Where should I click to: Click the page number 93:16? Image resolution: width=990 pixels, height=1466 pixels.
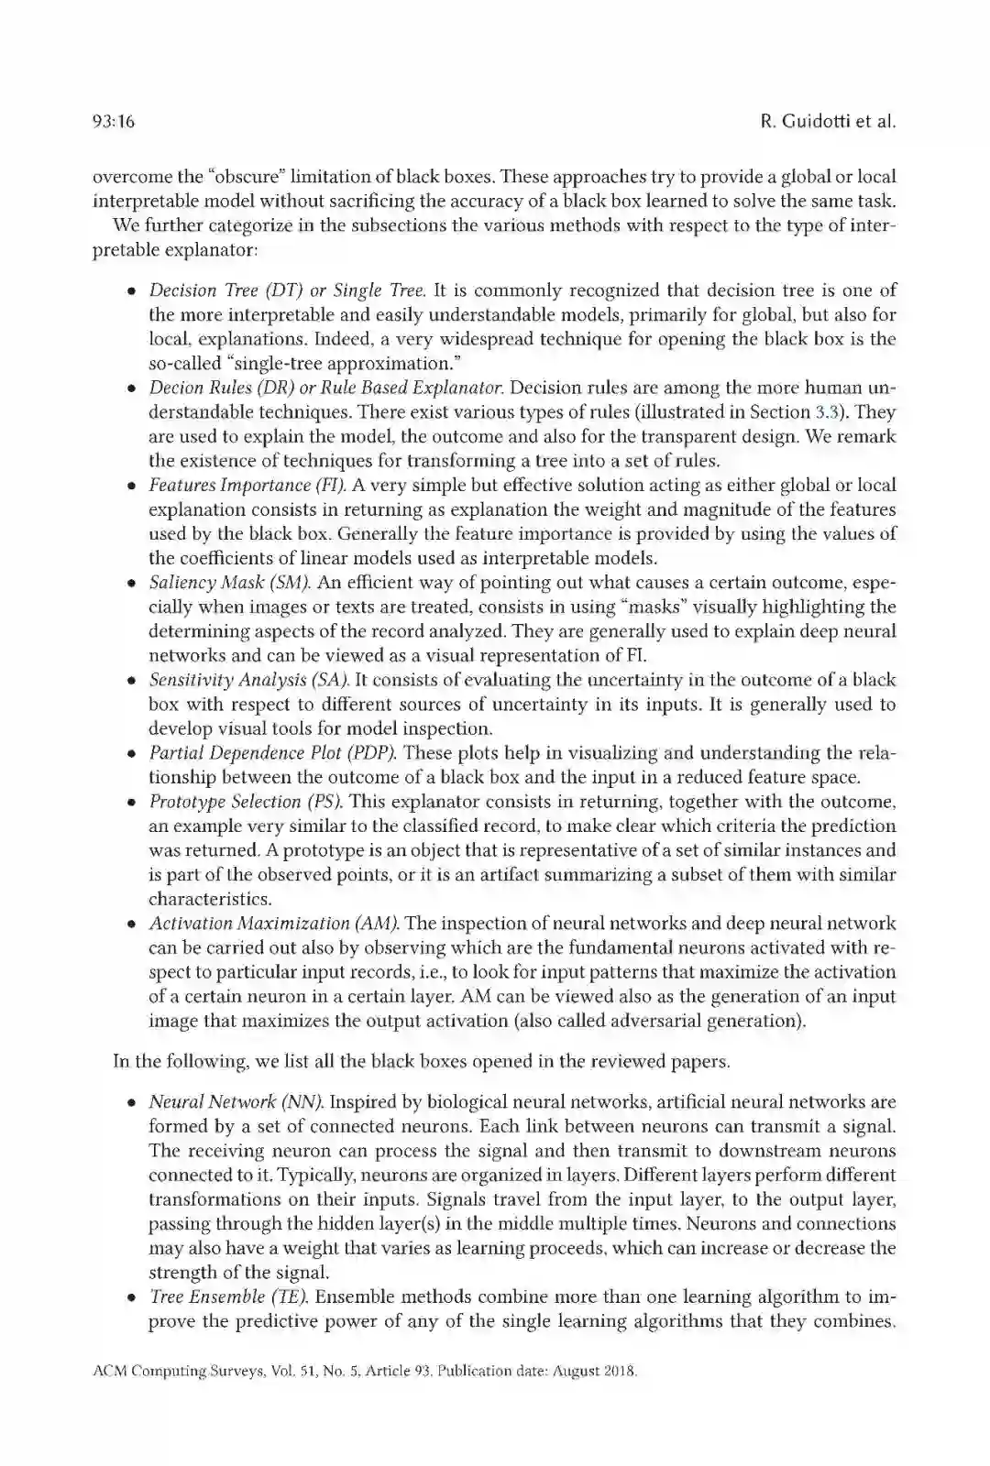[114, 122]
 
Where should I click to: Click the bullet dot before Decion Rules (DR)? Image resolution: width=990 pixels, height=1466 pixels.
[132, 389]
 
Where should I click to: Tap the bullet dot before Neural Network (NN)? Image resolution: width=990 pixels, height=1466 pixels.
[132, 1103]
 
